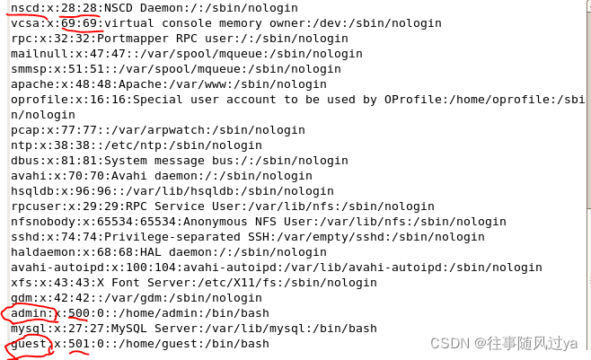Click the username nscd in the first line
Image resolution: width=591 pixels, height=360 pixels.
(26, 7)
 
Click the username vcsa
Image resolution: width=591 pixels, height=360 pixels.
(26, 22)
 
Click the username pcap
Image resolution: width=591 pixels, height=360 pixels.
(26, 130)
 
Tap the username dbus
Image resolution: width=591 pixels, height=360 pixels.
(26, 161)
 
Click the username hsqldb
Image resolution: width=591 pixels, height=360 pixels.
(33, 191)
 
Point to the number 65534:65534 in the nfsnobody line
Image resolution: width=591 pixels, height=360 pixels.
(130, 222)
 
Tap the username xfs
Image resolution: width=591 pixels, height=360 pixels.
(22, 283)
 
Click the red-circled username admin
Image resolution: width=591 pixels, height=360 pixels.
(30, 313)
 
